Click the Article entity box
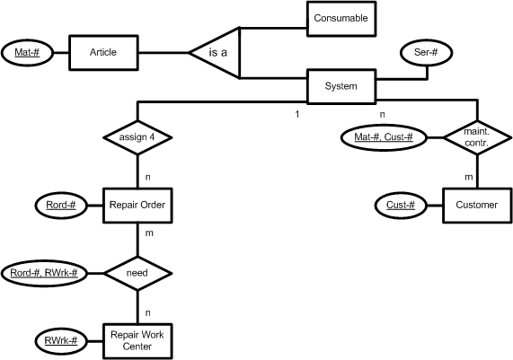[103, 53]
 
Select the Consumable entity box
[340, 18]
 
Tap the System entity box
[341, 87]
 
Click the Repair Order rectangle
[136, 206]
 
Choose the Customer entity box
[476, 206]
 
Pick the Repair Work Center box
[136, 340]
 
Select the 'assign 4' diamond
[137, 137]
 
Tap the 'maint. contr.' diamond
[476, 137]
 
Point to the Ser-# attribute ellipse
[427, 53]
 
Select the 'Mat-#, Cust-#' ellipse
[384, 137]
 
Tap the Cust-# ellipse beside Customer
[400, 206]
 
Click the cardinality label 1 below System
[297, 114]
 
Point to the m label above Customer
[468, 178]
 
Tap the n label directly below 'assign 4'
[146, 178]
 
